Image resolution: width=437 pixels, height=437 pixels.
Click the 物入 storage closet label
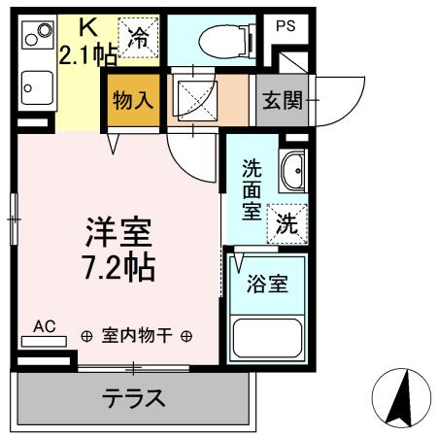click(131, 101)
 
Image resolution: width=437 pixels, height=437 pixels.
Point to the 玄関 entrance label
click(281, 101)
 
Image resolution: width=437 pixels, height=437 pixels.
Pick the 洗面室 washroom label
click(252, 186)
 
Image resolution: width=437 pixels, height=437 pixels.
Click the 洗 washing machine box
click(288, 221)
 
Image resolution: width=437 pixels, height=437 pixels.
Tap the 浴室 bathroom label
click(267, 286)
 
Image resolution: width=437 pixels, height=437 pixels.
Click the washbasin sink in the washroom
click(291, 173)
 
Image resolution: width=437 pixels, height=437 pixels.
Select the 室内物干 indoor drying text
click(136, 336)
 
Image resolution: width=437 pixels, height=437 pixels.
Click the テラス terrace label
click(134, 398)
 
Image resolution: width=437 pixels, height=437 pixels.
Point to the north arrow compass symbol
click(401, 395)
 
